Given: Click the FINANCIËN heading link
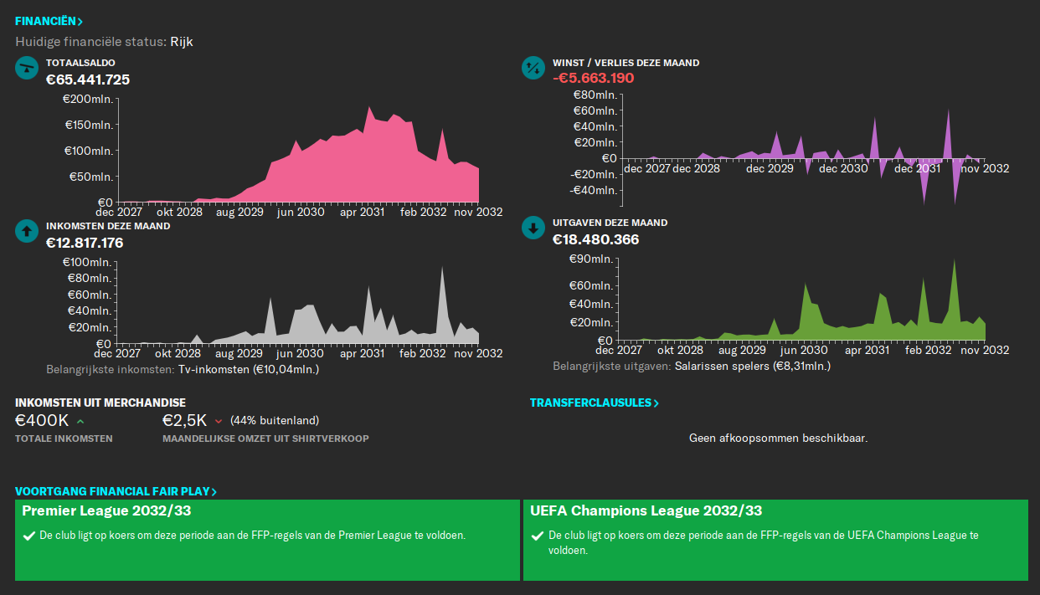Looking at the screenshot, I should click(x=49, y=21).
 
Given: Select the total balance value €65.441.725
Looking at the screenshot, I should click(x=88, y=80).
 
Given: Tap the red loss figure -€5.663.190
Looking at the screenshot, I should click(x=593, y=78).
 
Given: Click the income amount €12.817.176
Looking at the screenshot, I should click(x=85, y=243).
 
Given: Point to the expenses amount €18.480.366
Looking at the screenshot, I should click(x=595, y=239).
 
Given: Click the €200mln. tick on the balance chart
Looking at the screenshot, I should click(x=89, y=100).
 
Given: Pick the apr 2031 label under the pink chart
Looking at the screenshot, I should click(x=362, y=213).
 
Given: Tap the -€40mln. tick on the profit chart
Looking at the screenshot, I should click(x=595, y=190).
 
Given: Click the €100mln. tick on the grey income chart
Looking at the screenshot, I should click(x=89, y=263).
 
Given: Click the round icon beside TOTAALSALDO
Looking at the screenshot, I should click(x=27, y=68).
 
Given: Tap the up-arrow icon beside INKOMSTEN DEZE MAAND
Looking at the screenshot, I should click(x=27, y=231).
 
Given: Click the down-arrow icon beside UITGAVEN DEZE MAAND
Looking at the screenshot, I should click(x=533, y=228).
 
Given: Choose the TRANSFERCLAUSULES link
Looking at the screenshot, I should click(x=594, y=403).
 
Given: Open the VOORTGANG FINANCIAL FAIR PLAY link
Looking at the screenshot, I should click(x=116, y=491).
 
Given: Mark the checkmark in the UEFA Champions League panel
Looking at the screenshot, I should click(x=537, y=536).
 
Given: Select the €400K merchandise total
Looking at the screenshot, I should click(x=42, y=420).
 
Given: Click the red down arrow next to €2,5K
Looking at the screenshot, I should click(x=219, y=421).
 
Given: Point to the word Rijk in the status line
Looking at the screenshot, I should click(x=182, y=41).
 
